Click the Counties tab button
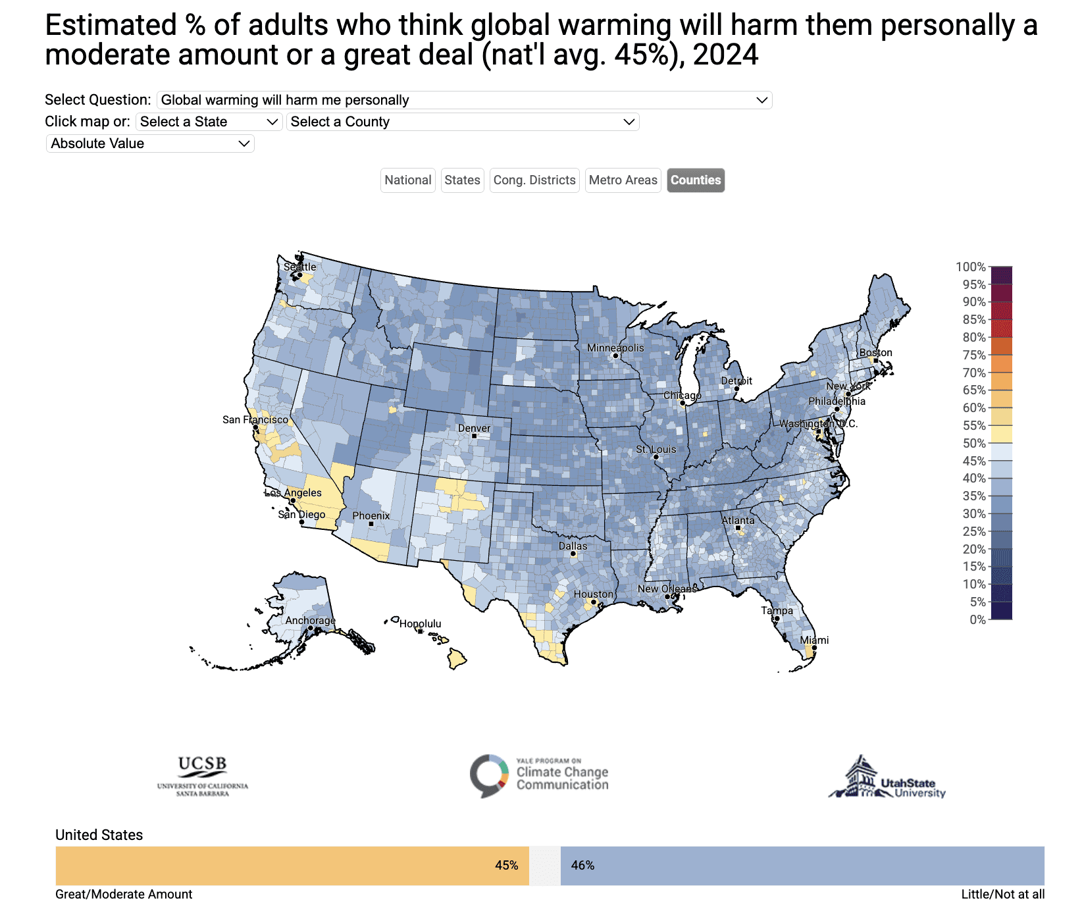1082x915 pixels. coord(696,180)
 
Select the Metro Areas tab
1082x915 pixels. coord(623,180)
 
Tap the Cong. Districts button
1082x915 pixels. coord(534,180)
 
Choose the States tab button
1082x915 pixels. coord(462,180)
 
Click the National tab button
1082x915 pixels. coord(408,180)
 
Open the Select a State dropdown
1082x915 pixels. coord(209,122)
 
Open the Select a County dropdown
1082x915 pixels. coord(463,122)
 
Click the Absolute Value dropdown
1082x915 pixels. coord(150,144)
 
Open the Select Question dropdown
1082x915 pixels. coord(464,100)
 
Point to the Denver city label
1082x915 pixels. coord(474,429)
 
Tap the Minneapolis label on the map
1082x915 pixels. coord(615,348)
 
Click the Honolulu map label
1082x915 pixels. coord(420,624)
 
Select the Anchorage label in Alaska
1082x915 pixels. coord(310,621)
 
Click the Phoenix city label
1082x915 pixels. coord(371,516)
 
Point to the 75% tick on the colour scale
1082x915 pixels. coord(974,355)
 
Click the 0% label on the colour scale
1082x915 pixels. coord(977,619)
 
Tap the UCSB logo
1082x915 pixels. coord(203,776)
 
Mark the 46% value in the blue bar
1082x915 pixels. coord(582,866)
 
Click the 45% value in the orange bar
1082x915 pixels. coord(506,866)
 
